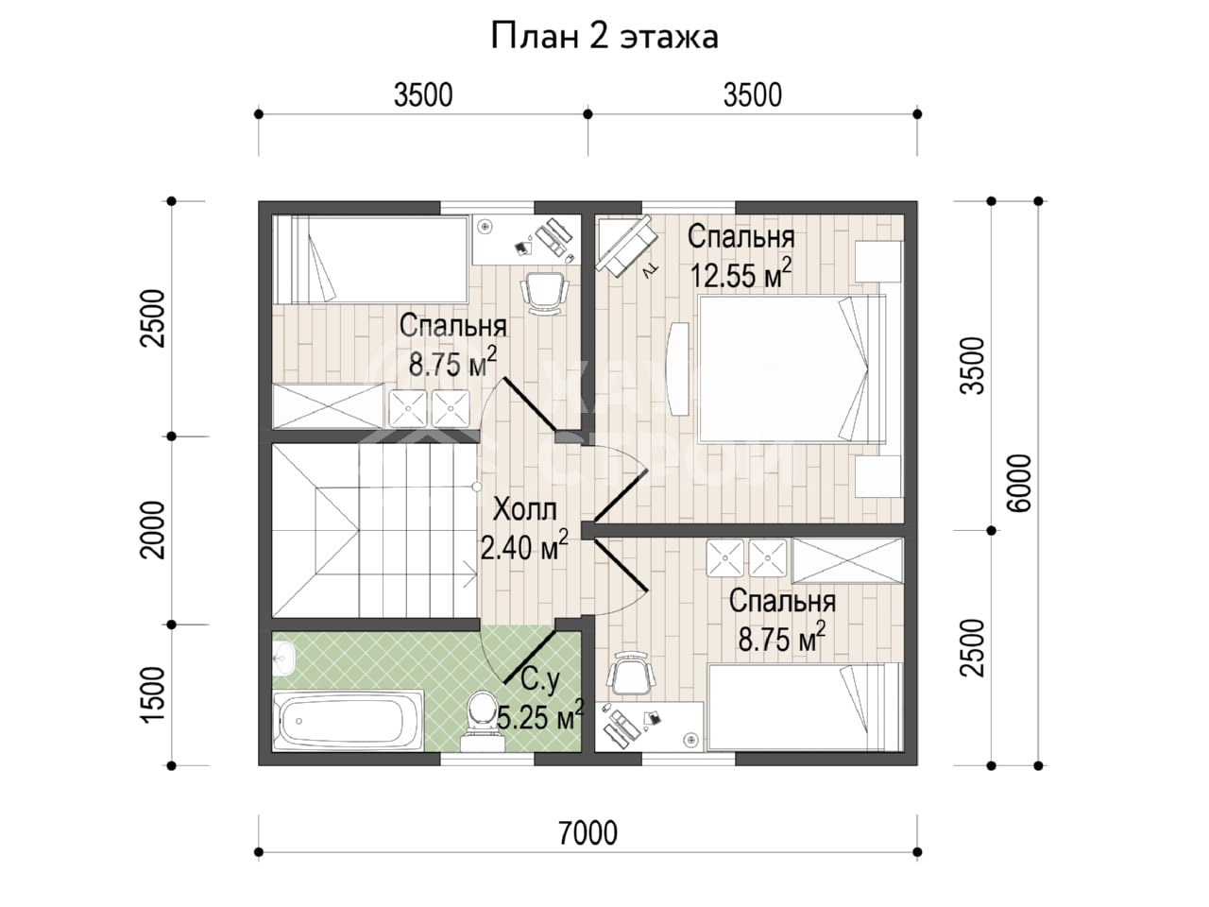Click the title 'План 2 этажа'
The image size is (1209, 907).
[604, 38]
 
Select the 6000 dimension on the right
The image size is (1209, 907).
[1021, 484]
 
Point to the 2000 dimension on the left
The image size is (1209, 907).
[153, 530]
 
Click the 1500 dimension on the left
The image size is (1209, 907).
[153, 694]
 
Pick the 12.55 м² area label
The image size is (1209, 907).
[741, 274]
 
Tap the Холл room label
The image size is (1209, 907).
[524, 509]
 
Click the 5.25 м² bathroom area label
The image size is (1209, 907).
[539, 717]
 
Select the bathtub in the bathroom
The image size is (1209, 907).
[349, 720]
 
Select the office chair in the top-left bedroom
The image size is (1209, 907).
[544, 294]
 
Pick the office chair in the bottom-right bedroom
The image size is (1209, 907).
[631, 675]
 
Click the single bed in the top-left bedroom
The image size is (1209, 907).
[370, 260]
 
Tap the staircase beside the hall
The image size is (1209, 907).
[376, 530]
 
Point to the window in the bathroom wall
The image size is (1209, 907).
[486, 760]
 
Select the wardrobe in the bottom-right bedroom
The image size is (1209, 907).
[847, 560]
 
